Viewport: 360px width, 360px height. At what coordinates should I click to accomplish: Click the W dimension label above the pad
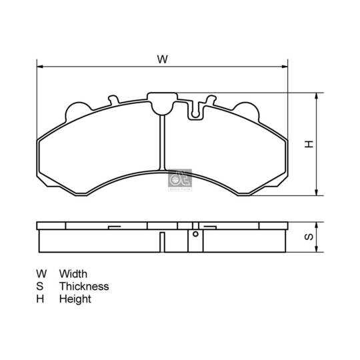click(162, 59)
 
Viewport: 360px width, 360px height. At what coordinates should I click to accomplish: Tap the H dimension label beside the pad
click(309, 144)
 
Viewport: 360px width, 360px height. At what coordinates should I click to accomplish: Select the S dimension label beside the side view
click(309, 237)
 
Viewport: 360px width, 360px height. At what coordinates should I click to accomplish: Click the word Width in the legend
click(73, 273)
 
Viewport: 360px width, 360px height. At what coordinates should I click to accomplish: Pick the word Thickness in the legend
click(83, 286)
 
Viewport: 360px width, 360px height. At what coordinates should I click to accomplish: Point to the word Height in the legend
click(75, 299)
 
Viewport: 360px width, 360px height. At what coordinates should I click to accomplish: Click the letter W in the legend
click(41, 273)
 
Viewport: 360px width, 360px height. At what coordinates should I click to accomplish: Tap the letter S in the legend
click(40, 286)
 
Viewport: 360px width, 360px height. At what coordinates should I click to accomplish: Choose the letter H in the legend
click(41, 299)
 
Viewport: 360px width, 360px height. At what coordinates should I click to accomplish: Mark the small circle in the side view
click(195, 234)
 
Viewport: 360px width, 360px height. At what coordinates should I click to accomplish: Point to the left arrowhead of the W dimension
click(39, 67)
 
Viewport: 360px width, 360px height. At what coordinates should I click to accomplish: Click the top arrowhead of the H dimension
click(317, 95)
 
